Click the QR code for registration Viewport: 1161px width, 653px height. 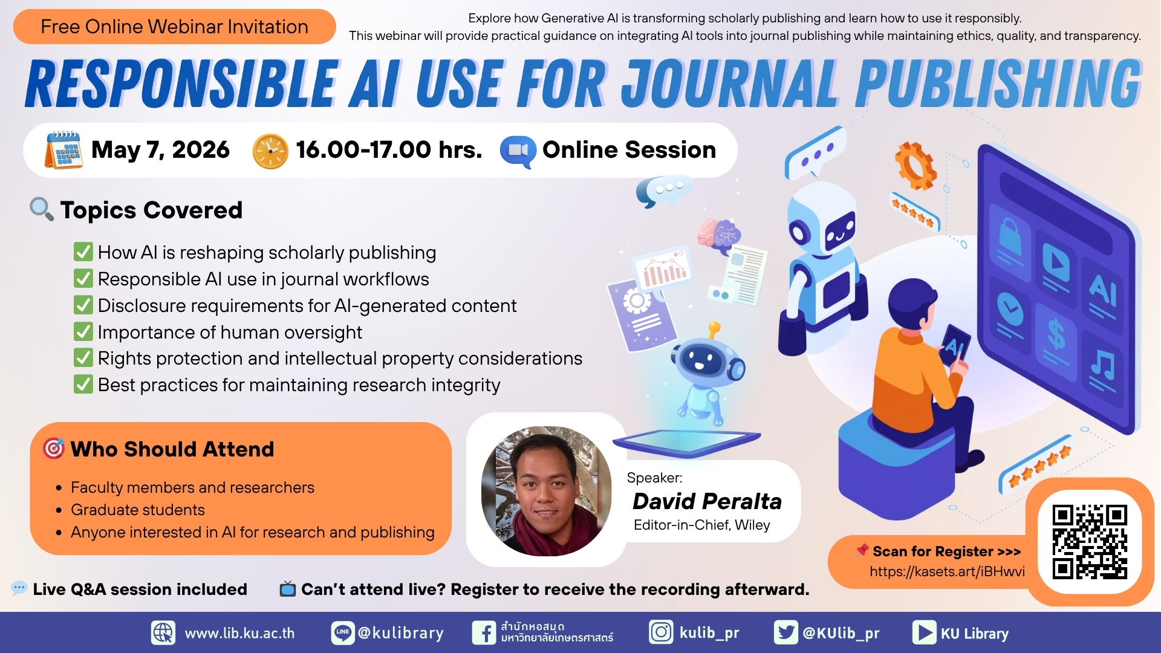1090,542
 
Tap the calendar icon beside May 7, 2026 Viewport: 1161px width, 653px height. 63,149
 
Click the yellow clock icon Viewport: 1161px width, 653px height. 270,151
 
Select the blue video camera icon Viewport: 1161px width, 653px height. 518,151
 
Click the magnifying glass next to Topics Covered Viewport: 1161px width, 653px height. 42,209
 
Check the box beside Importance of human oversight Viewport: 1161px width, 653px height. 83,331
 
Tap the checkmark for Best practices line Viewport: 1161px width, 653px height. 83,384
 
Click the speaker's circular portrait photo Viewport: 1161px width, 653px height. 546,490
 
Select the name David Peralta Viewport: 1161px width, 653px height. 707,501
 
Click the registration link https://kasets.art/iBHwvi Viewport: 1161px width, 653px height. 947,571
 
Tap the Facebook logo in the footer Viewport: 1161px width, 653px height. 484,633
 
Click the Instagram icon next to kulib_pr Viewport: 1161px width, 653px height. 661,632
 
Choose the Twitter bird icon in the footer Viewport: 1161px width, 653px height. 786,632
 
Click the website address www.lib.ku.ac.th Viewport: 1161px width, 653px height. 239,633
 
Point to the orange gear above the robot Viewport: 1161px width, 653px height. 916,165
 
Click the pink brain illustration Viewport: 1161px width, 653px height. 719,236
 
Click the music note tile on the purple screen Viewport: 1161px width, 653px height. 1102,366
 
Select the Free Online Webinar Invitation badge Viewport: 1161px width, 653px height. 174,27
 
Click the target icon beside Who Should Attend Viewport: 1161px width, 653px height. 54,449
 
